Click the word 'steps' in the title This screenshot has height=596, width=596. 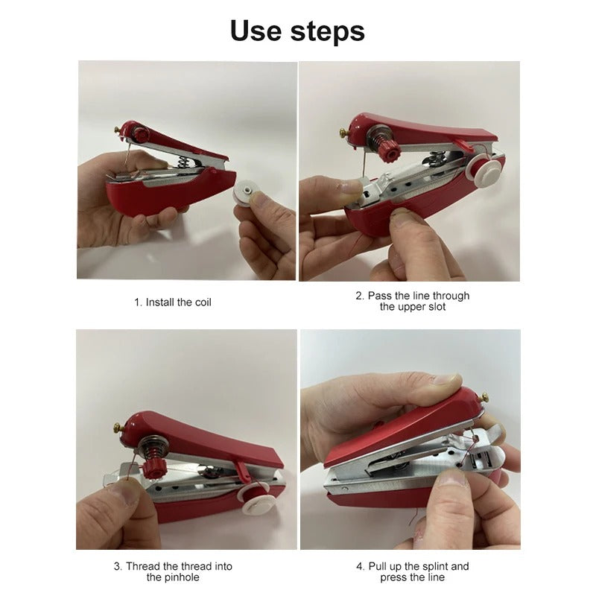(x=328, y=32)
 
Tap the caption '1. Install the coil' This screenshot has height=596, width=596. (x=173, y=302)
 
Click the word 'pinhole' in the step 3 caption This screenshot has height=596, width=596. (x=183, y=577)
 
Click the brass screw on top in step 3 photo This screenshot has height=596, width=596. (x=118, y=430)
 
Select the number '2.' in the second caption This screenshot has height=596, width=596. (x=360, y=296)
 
